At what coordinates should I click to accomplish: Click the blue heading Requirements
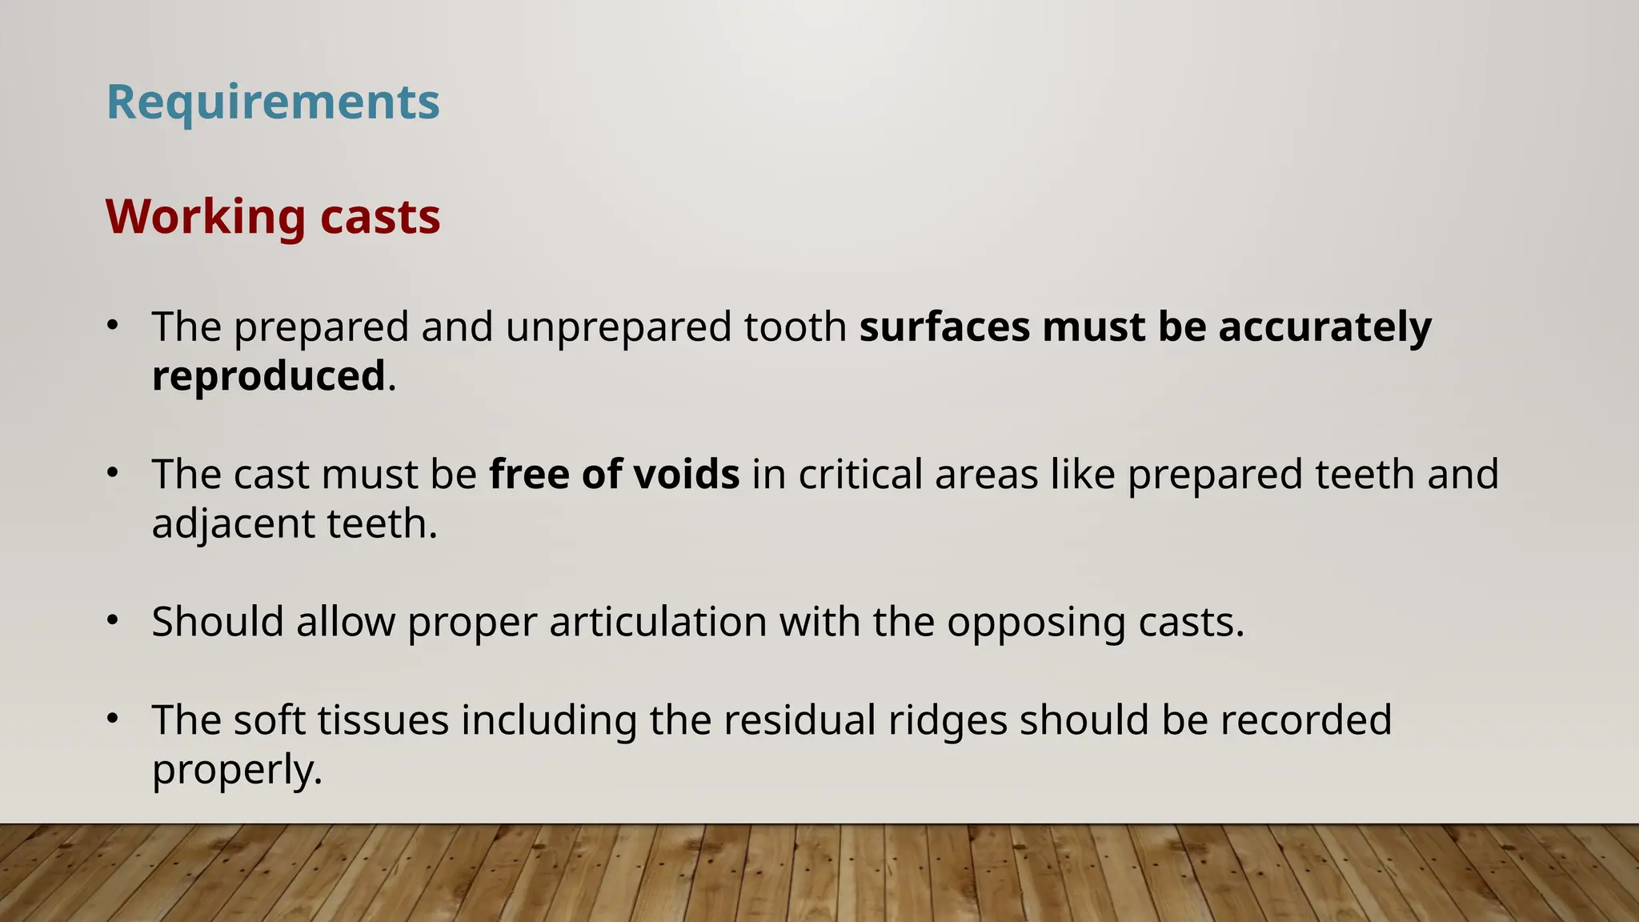pos(273,102)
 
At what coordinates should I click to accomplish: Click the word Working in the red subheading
pos(205,217)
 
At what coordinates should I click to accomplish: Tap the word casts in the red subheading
pos(380,217)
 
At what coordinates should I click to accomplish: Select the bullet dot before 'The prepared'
pos(113,325)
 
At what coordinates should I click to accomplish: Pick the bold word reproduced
pos(269,376)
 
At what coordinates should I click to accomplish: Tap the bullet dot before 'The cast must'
pos(113,472)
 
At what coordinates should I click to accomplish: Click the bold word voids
pos(686,474)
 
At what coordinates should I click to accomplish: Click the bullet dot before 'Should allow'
pos(113,619)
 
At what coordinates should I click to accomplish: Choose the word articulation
pos(658,622)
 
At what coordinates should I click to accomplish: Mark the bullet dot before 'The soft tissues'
pos(113,718)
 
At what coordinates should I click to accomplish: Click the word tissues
pos(383,720)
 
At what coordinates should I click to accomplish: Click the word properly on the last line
pos(237,771)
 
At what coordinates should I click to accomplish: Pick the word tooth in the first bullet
pos(795,327)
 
